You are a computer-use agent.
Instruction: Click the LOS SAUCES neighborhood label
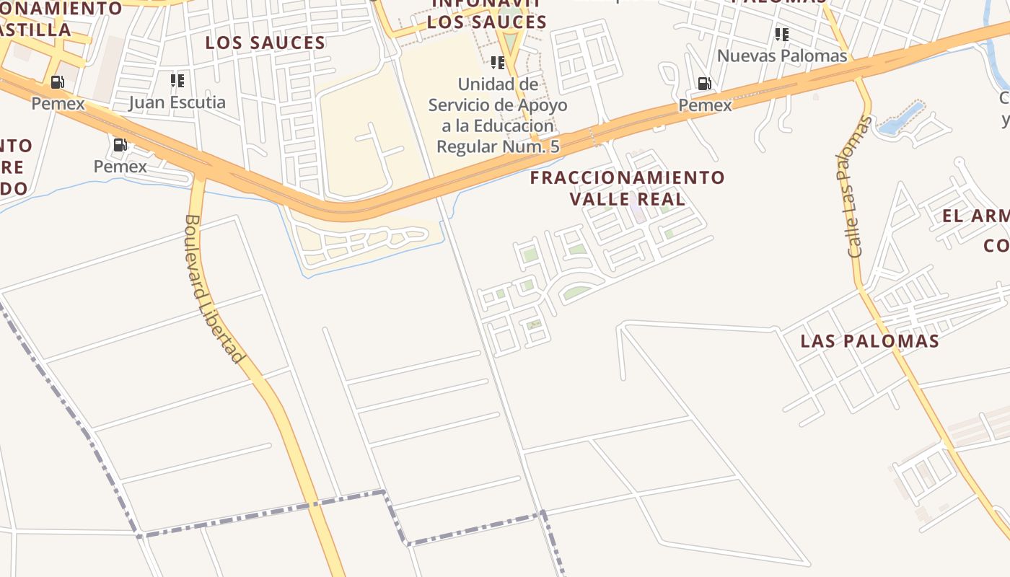pyautogui.click(x=265, y=43)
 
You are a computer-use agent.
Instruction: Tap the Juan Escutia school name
pyautogui.click(x=177, y=102)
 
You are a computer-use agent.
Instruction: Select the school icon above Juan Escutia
pyautogui.click(x=177, y=80)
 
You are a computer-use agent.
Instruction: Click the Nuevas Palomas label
pyautogui.click(x=781, y=56)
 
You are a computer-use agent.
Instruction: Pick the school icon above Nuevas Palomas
pyautogui.click(x=781, y=34)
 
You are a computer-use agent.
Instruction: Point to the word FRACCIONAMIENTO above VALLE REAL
pyautogui.click(x=627, y=177)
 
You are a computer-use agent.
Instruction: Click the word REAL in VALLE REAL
pyautogui.click(x=661, y=198)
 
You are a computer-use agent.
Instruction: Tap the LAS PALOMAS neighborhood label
pyautogui.click(x=869, y=341)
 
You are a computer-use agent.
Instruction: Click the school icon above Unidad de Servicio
pyautogui.click(x=497, y=63)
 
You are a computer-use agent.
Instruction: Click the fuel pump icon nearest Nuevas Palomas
pyautogui.click(x=704, y=84)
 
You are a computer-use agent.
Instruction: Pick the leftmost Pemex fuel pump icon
pyautogui.click(x=57, y=82)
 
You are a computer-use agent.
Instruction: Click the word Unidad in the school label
pyautogui.click(x=488, y=84)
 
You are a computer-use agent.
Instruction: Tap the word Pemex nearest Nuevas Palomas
pyautogui.click(x=705, y=105)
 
